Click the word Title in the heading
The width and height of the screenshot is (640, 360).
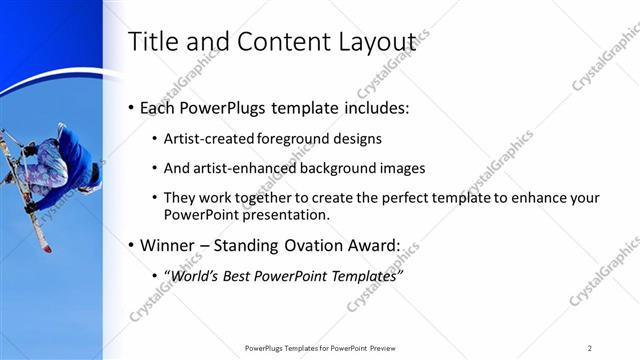[x=155, y=42]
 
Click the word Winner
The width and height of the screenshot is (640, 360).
[x=168, y=245]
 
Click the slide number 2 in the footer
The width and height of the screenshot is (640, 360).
[x=590, y=347]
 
